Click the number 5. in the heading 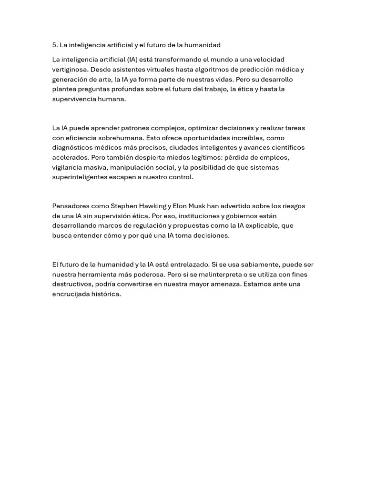coord(55,45)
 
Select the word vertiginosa coord(70,70)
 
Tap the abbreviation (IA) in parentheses coord(133,60)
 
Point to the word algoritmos coord(224,70)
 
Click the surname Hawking coord(152,206)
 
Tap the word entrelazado coord(190,265)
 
